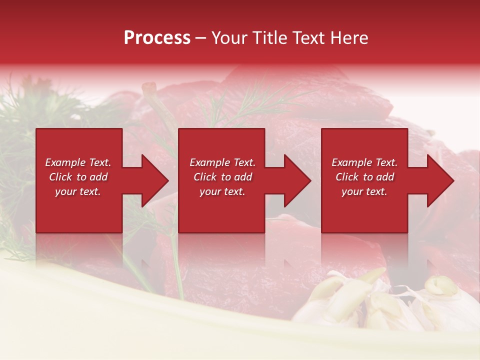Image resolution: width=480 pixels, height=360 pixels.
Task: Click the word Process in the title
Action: pyautogui.click(x=157, y=38)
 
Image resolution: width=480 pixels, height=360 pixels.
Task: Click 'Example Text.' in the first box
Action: pyautogui.click(x=78, y=162)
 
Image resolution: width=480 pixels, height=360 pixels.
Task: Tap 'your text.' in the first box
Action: pyautogui.click(x=78, y=191)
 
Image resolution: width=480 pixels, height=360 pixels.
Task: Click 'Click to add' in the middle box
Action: pyautogui.click(x=222, y=177)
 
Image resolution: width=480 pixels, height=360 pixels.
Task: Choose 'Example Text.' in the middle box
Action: pyautogui.click(x=222, y=162)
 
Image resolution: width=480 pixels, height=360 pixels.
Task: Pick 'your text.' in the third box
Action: pyautogui.click(x=364, y=191)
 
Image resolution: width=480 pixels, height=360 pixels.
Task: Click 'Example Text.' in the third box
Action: pyautogui.click(x=364, y=162)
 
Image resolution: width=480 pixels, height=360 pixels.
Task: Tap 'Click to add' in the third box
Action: pyautogui.click(x=364, y=177)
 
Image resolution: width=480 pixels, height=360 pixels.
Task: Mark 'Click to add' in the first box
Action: pyautogui.click(x=78, y=177)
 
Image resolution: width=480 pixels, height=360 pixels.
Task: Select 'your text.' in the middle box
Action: pyautogui.click(x=222, y=191)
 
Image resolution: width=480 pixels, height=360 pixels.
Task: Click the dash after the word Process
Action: pyautogui.click(x=200, y=38)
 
